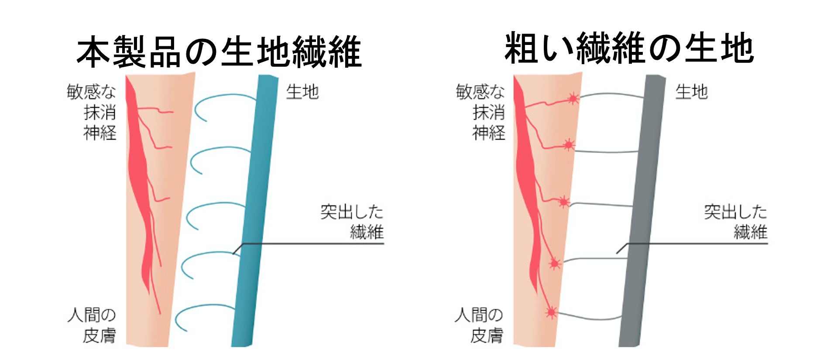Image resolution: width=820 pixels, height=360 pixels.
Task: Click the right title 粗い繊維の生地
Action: tap(629, 48)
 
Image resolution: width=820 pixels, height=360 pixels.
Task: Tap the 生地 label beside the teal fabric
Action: tap(302, 92)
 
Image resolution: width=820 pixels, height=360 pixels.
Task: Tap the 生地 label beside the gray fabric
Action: tap(691, 92)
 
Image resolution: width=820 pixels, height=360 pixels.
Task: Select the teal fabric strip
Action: tap(254, 209)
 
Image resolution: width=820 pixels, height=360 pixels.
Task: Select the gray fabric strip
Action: tap(642, 209)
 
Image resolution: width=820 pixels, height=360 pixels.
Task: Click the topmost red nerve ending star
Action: tap(573, 99)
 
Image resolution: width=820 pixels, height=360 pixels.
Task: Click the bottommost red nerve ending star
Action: tap(551, 312)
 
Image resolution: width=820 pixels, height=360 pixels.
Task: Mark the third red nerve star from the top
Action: tap(564, 202)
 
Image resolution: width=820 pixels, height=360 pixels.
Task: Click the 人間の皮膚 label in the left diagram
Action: tap(92, 325)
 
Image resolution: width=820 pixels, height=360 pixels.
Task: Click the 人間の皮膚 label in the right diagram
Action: tap(479, 325)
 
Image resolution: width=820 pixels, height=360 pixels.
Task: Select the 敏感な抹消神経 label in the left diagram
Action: tap(92, 112)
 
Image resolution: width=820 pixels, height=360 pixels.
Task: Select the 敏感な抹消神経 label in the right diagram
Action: tap(480, 112)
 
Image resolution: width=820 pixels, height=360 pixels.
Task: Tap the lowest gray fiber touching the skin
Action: tap(589, 317)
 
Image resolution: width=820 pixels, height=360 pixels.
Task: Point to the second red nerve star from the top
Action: tap(568, 144)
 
